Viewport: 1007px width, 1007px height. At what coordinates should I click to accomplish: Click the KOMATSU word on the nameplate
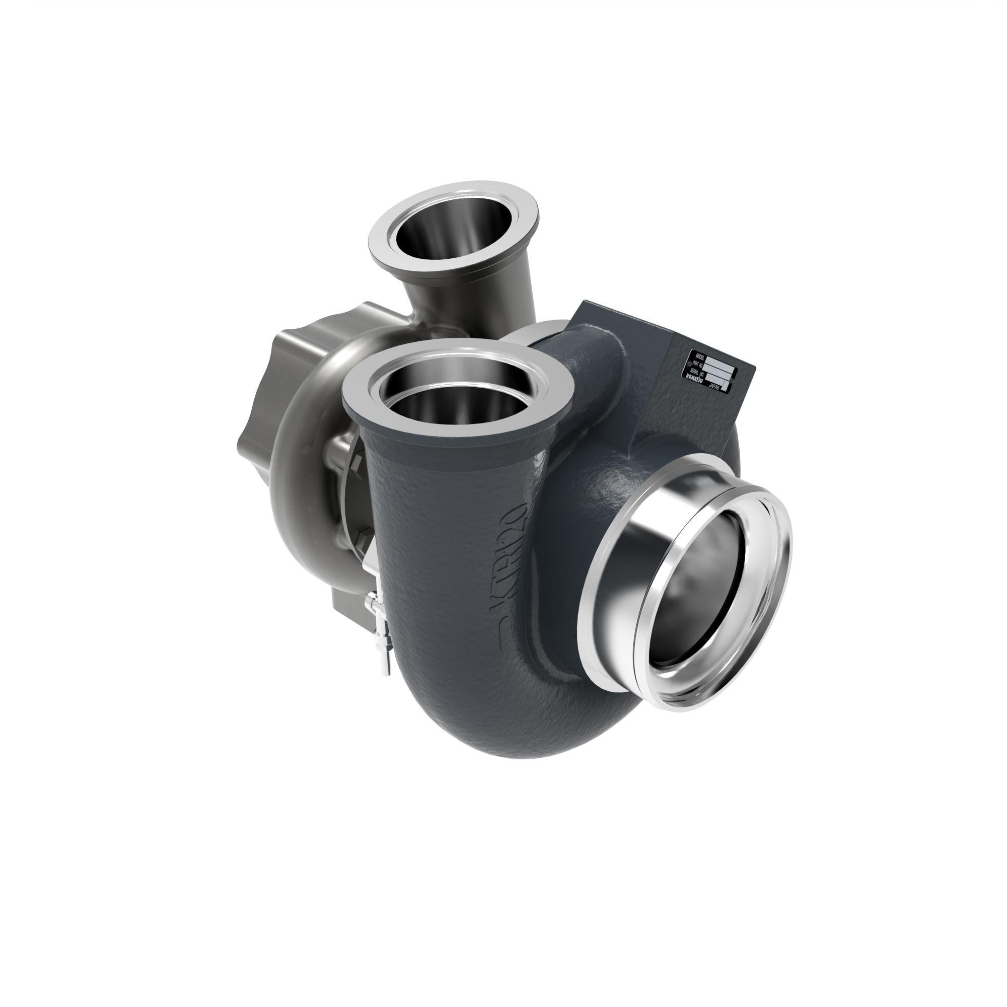(x=695, y=379)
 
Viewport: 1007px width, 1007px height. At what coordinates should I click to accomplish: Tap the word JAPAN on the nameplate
(x=714, y=387)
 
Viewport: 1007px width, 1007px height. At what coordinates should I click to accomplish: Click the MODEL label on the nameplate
(x=700, y=357)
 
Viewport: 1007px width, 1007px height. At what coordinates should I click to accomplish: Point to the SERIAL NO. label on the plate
(x=697, y=373)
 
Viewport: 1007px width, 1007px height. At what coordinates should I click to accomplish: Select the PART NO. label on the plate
(x=698, y=365)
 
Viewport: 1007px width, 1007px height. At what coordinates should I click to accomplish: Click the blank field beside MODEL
(x=721, y=364)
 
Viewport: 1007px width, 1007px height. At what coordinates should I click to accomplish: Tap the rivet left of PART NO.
(x=690, y=365)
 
